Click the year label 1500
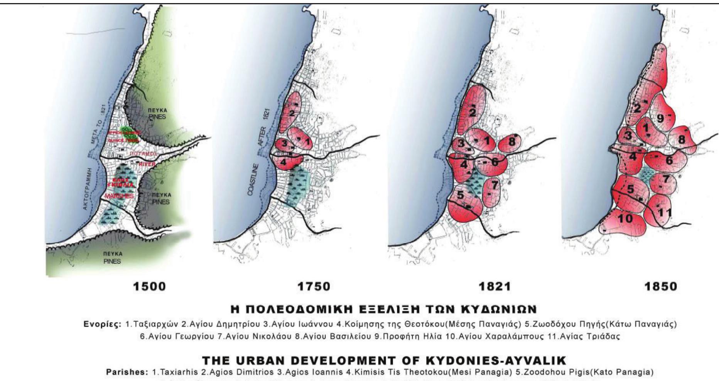[149, 287]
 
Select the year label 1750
[314, 287]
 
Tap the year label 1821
[495, 287]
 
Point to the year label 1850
[661, 287]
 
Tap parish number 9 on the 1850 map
[660, 119]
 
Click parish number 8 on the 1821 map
[512, 142]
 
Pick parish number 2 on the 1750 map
[292, 113]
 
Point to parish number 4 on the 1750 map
[283, 162]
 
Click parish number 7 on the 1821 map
[495, 186]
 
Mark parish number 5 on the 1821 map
[460, 195]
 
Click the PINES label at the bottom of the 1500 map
[112, 261]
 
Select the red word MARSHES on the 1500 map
[119, 196]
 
